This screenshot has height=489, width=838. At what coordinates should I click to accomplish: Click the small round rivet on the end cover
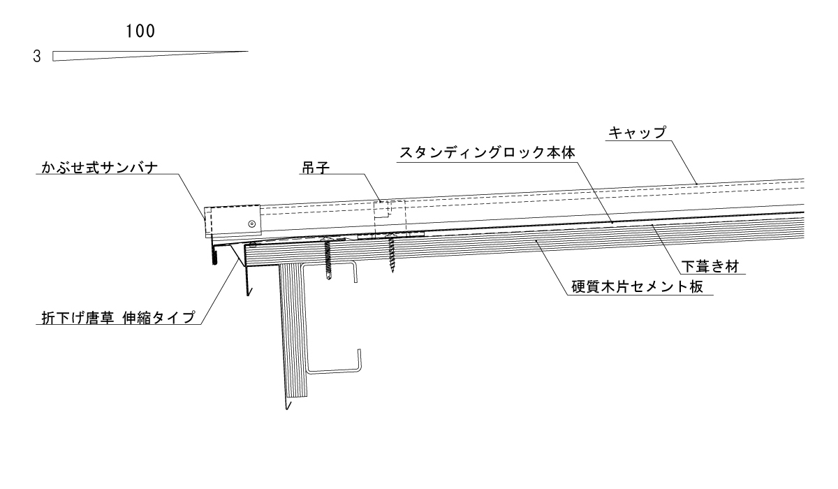[251, 224]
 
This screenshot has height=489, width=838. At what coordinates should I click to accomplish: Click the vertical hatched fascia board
[292, 328]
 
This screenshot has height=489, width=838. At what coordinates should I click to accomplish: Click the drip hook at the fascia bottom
[286, 404]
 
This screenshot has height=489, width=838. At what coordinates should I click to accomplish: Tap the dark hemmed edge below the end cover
[214, 256]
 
